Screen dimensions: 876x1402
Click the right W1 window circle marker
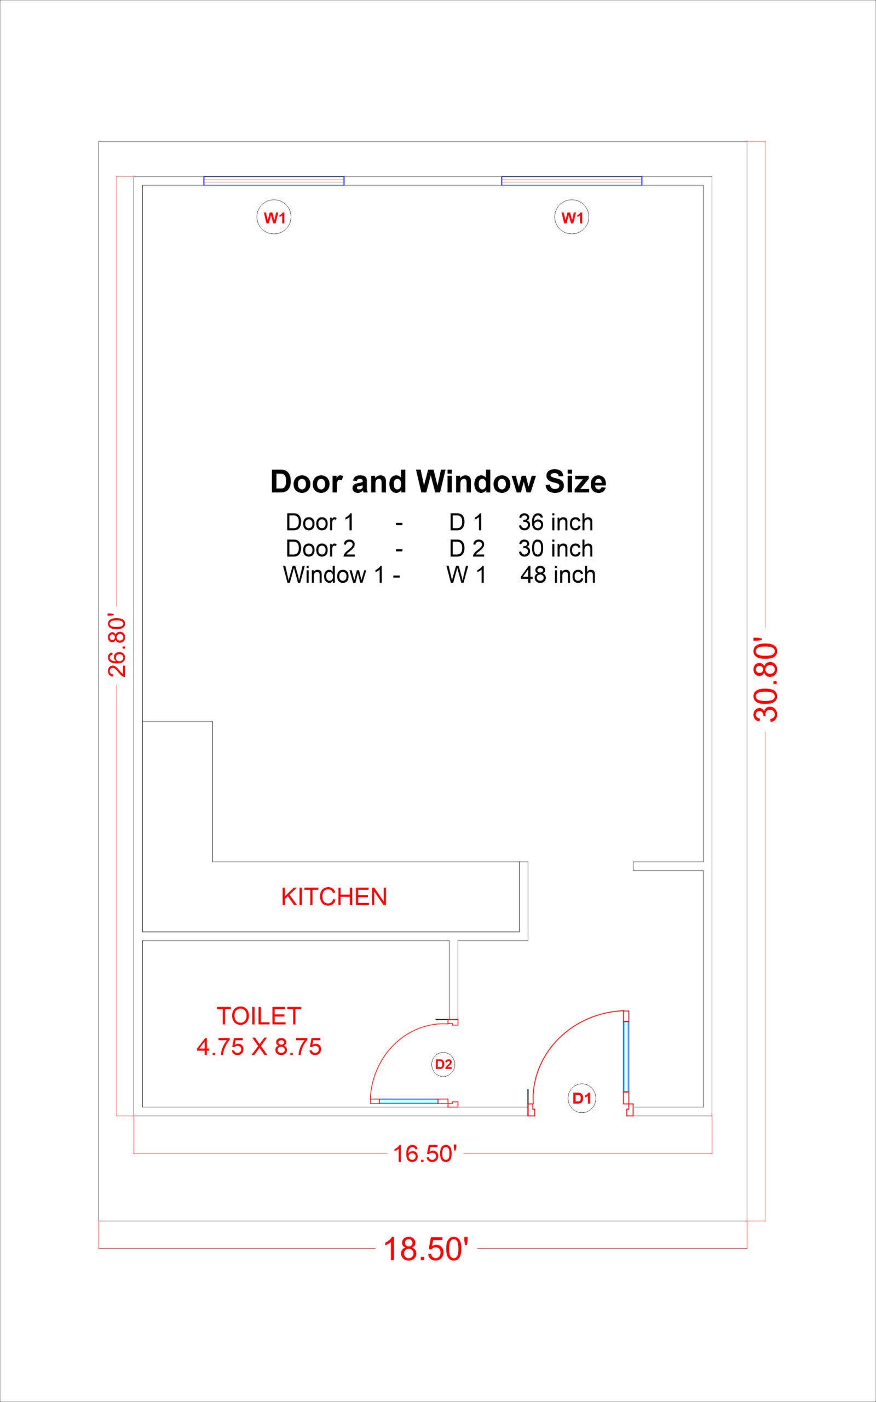pyautogui.click(x=572, y=217)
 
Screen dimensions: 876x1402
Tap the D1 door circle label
pyautogui.click(x=581, y=1098)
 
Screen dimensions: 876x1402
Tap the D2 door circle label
pyautogui.click(x=443, y=1064)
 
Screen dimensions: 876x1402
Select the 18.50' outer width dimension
pyautogui.click(x=426, y=1249)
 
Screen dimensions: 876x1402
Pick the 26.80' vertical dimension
pyautogui.click(x=117, y=646)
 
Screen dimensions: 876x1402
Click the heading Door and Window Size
pyautogui.click(x=438, y=481)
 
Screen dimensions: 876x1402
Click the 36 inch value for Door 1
pyautogui.click(x=556, y=522)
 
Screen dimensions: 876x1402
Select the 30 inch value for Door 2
pyautogui.click(x=556, y=549)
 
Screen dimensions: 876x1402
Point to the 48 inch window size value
pyautogui.click(x=558, y=575)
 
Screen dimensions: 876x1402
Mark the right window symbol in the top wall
pyautogui.click(x=572, y=181)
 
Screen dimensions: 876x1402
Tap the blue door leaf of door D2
pyautogui.click(x=408, y=1101)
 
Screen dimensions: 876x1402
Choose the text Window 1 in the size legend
pyautogui.click(x=334, y=575)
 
